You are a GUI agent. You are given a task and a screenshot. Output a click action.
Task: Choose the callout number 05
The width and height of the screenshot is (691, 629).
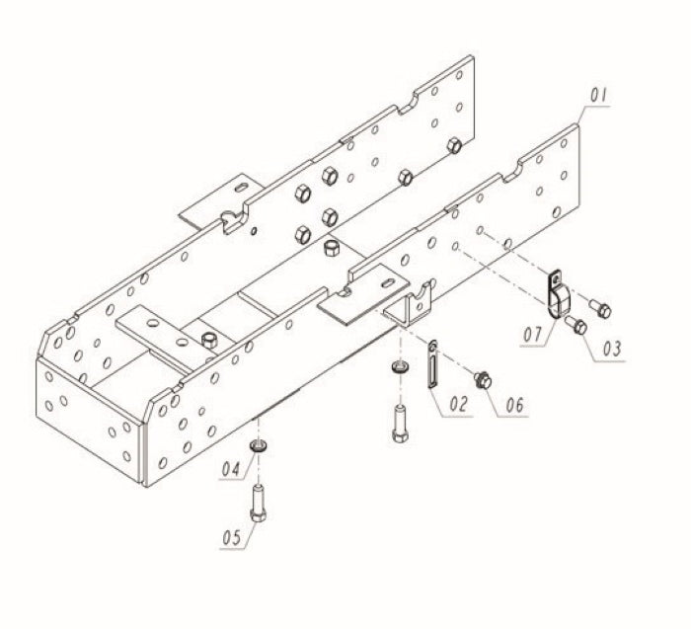click(233, 538)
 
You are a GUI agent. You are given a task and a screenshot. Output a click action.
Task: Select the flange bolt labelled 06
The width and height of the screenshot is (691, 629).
click(483, 378)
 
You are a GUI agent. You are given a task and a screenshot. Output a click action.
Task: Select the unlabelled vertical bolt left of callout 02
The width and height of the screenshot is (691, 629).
click(399, 425)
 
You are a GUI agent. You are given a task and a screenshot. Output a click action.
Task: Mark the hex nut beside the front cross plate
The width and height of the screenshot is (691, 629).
click(208, 341)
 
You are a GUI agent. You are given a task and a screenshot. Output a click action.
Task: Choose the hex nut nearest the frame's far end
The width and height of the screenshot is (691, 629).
click(454, 146)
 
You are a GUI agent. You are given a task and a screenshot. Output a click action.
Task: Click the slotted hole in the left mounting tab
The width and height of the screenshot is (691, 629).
click(241, 187)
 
